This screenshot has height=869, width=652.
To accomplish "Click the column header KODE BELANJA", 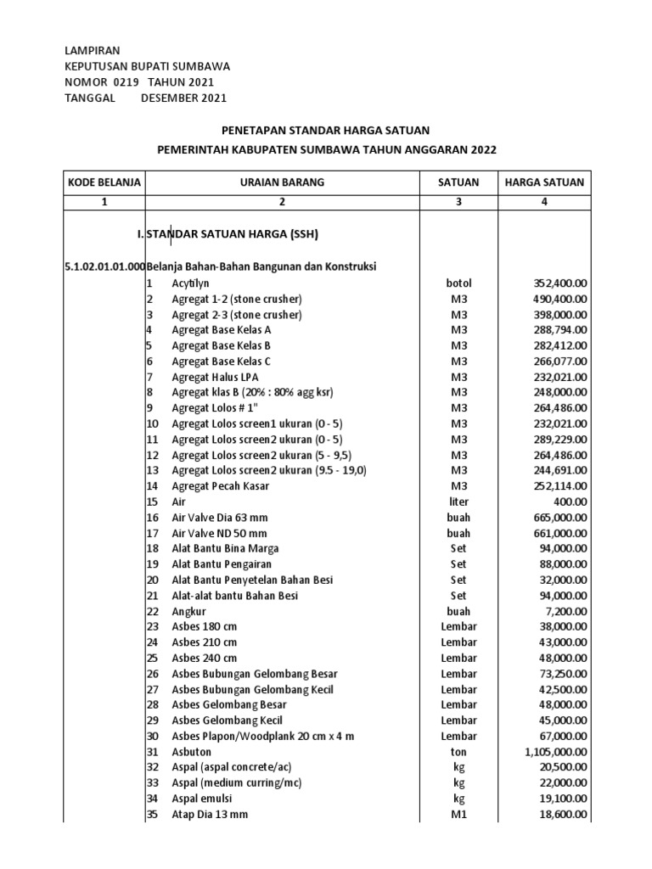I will click(104, 182).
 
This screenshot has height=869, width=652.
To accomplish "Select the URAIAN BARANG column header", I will click(282, 182).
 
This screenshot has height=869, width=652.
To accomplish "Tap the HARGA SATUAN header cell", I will click(544, 182).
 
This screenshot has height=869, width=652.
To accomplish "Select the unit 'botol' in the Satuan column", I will click(458, 283).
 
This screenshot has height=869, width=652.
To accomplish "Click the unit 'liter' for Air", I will click(458, 502).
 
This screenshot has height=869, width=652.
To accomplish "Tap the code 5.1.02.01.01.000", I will click(104, 267).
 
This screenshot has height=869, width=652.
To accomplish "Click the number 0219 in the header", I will click(124, 82).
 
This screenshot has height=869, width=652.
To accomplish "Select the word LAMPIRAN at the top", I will click(93, 51).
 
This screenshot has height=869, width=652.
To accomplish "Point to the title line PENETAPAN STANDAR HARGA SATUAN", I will click(326, 130).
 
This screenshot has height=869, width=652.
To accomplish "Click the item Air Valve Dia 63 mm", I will click(219, 518).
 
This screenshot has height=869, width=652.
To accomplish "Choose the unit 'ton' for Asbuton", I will click(458, 752).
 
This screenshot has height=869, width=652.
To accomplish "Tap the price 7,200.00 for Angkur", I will click(565, 611).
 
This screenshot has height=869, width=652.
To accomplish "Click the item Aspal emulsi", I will click(202, 799).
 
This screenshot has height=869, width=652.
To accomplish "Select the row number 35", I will click(153, 815).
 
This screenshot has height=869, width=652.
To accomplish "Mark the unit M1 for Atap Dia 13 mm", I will click(458, 815).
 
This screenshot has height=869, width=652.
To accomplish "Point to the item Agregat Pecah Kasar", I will click(219, 486).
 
